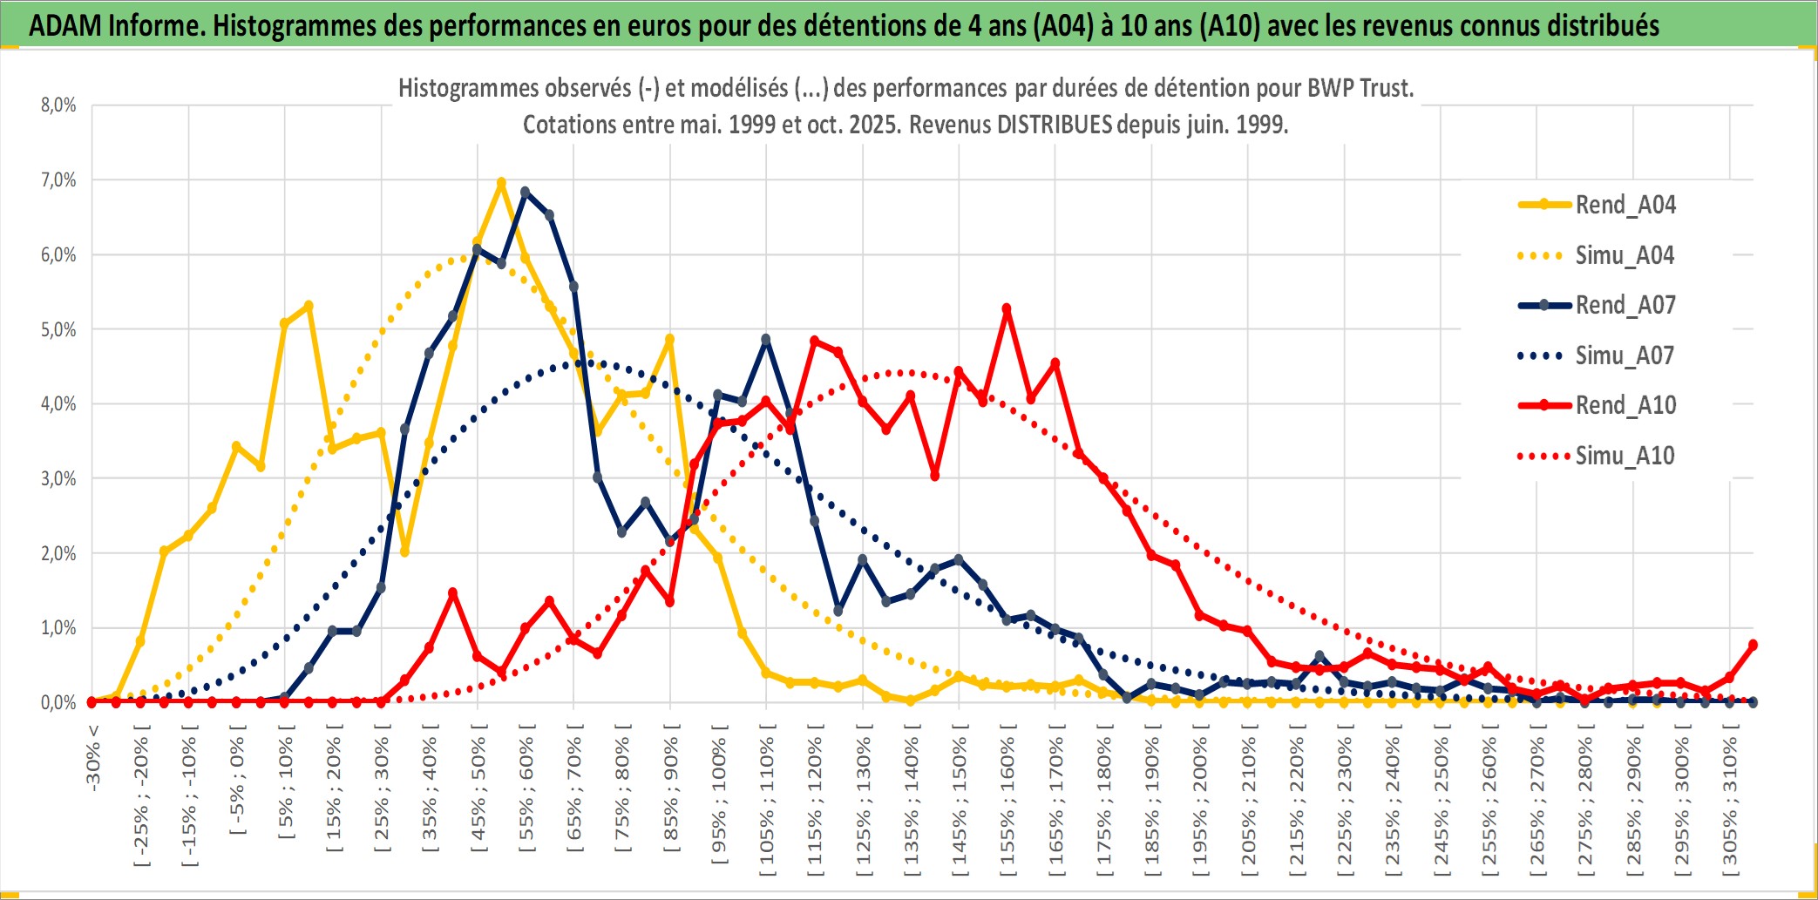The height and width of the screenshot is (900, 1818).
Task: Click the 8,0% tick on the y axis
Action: (58, 105)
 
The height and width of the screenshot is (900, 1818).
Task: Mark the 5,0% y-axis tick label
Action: (58, 329)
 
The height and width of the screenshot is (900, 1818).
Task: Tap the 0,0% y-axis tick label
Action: (58, 702)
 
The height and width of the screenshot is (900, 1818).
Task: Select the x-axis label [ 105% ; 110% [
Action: (767, 806)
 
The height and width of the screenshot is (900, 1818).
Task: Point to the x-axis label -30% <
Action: (93, 758)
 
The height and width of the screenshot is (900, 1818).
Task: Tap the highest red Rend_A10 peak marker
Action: (1007, 308)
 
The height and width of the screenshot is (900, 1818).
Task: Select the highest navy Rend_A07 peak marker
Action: (525, 191)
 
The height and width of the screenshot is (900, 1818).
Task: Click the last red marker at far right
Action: (1753, 645)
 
